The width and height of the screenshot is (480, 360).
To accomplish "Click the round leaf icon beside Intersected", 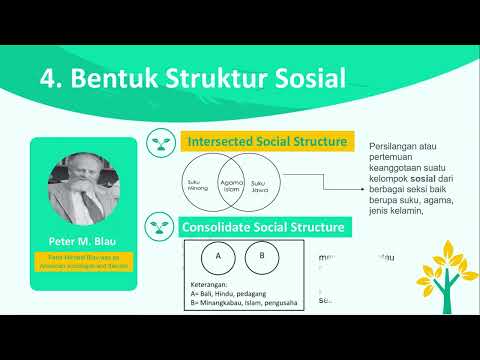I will (160, 142).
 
